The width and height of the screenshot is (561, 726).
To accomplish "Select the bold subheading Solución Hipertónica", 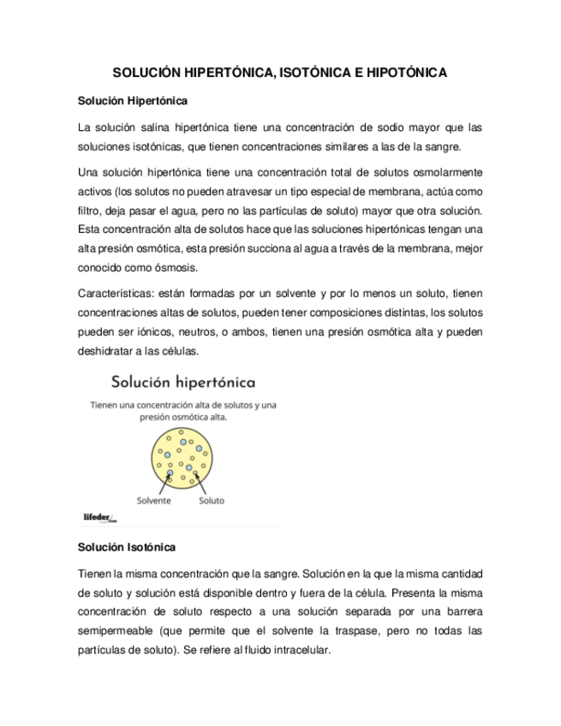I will click(133, 101).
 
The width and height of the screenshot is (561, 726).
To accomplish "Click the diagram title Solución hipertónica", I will click(182, 381).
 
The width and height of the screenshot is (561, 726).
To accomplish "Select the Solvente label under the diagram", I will click(153, 501).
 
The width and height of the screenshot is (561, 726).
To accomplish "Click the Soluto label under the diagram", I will click(212, 501).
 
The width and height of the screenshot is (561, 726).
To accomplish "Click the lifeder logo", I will click(99, 517).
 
